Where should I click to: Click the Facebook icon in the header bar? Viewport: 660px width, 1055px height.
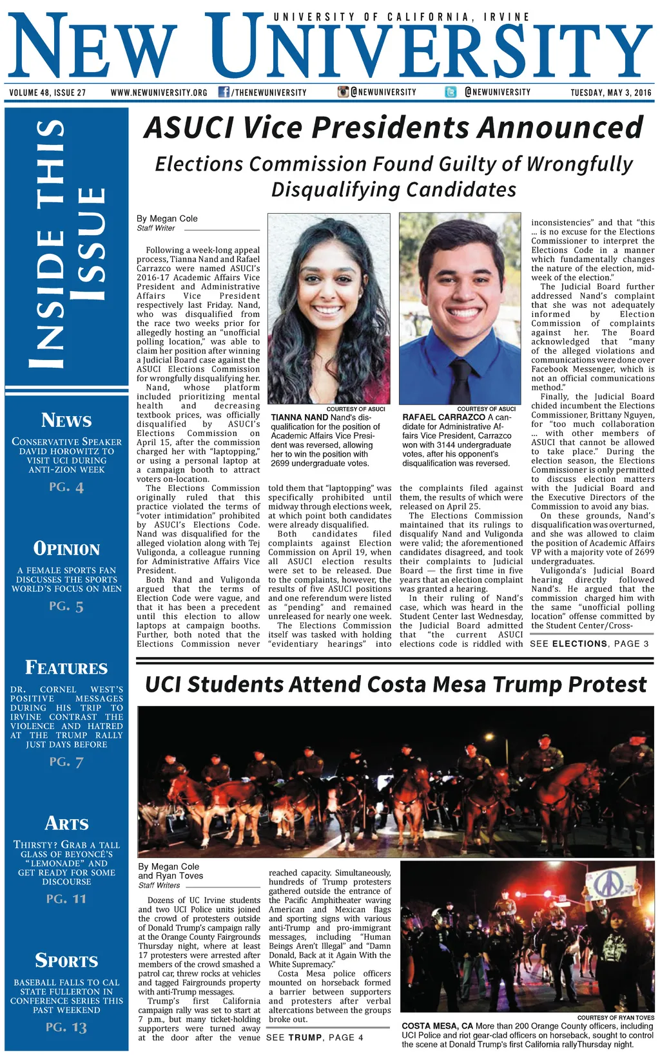[224, 92]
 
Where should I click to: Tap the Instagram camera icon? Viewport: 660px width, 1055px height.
[344, 92]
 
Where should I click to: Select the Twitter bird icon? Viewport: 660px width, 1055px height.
[451, 92]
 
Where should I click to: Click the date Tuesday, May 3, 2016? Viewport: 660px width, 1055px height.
[610, 93]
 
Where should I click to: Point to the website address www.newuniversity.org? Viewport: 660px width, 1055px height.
[159, 93]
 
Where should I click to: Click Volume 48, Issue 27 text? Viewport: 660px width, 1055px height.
[48, 93]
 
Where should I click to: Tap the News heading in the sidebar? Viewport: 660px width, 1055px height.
[66, 421]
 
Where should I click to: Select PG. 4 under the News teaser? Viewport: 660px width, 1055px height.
[66, 487]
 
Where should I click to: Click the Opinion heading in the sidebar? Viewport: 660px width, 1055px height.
[66, 549]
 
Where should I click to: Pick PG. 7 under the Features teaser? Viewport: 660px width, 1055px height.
[66, 762]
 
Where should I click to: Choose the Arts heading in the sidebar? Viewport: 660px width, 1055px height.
[66, 823]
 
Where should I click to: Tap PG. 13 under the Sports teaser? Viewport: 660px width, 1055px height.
[66, 1027]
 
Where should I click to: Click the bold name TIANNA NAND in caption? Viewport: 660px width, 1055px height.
[300, 417]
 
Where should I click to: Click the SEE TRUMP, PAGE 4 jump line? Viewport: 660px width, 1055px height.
[315, 1037]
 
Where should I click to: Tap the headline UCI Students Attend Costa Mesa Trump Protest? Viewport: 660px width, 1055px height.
[396, 684]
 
